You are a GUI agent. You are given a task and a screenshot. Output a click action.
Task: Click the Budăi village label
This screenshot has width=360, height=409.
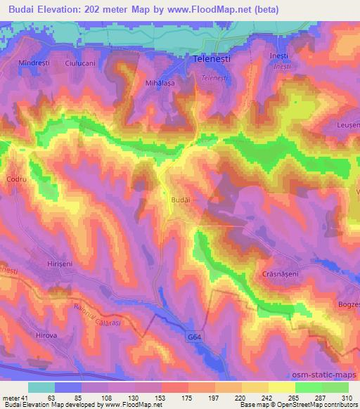(181, 200)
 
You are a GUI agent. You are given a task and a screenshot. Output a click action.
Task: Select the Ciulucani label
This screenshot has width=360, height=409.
(80, 63)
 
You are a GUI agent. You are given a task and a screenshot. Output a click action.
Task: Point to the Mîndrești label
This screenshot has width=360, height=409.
(34, 63)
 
